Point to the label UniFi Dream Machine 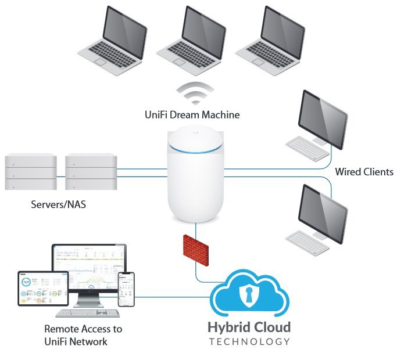(x=192, y=115)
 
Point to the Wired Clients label (x=364, y=172)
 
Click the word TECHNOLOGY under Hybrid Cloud (x=249, y=341)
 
